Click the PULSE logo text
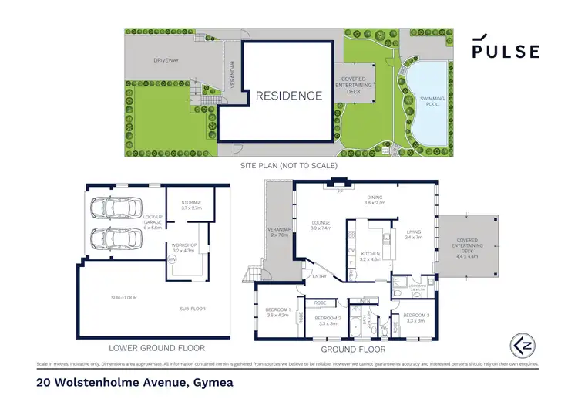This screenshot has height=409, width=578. point(506,52)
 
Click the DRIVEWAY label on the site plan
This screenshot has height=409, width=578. point(166,59)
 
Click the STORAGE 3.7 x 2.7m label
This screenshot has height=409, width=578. point(186,206)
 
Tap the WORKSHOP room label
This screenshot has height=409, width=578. point(186,248)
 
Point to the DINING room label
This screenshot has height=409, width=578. point(375,198)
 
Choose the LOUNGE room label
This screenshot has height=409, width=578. point(320,225)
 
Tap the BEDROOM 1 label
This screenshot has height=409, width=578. point(277,312)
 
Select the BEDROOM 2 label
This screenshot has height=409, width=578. point(329,321)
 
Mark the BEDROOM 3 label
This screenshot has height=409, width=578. point(416,318)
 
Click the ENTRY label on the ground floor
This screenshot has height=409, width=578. point(319,275)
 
